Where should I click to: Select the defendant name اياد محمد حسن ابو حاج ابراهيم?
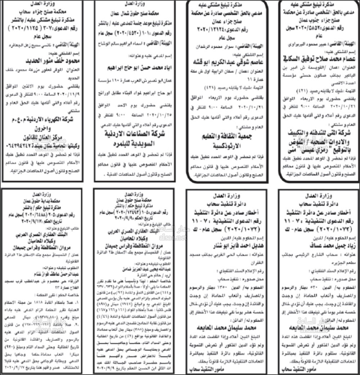pos(135,68)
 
